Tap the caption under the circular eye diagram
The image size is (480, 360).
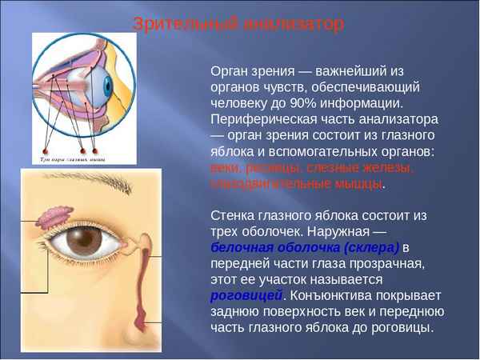(74, 160)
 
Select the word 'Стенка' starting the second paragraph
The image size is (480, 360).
(233, 215)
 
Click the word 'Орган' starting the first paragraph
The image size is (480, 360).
(230, 71)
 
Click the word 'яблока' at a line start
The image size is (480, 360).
(231, 151)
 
